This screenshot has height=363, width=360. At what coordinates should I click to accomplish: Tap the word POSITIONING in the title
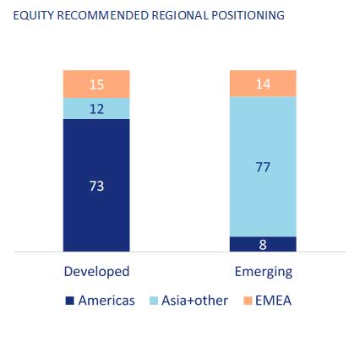click(248, 15)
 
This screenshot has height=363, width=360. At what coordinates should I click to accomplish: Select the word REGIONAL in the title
click(180, 15)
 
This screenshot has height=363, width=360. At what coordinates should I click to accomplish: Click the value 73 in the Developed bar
click(96, 186)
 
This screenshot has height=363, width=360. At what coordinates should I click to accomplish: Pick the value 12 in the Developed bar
click(96, 109)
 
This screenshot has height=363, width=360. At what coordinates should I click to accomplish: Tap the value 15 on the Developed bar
click(96, 84)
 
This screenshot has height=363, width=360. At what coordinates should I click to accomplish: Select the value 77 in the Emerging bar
click(263, 167)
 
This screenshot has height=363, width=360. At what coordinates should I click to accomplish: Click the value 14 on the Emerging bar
click(263, 84)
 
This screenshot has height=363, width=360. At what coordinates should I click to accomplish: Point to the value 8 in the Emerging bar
click(263, 245)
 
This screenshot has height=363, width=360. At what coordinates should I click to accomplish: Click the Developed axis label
click(96, 272)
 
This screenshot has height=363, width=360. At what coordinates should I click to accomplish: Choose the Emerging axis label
click(264, 272)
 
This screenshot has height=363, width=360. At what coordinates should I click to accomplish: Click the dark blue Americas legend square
click(69, 301)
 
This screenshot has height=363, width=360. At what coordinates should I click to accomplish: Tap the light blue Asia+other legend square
click(154, 301)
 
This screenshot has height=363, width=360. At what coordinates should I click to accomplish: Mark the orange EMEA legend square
click(248, 301)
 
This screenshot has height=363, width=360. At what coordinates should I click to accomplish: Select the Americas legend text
click(106, 301)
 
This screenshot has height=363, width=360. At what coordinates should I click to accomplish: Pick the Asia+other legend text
click(194, 301)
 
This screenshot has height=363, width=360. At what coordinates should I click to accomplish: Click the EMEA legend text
click(273, 301)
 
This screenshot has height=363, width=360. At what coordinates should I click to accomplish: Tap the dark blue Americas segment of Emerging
click(263, 244)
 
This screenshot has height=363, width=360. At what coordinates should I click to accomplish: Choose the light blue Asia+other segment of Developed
click(96, 109)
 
